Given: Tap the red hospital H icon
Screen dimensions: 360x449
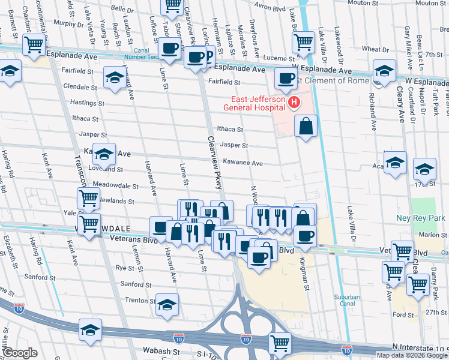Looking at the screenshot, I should point(294,103).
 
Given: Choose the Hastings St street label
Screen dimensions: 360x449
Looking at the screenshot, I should point(85,103).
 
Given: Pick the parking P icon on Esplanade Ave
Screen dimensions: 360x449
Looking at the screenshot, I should point(208,56).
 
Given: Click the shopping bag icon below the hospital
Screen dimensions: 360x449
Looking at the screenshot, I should point(306,127).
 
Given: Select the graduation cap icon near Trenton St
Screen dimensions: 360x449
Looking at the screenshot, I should point(167,304).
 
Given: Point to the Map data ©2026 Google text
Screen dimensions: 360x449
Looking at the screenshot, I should point(411,355).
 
